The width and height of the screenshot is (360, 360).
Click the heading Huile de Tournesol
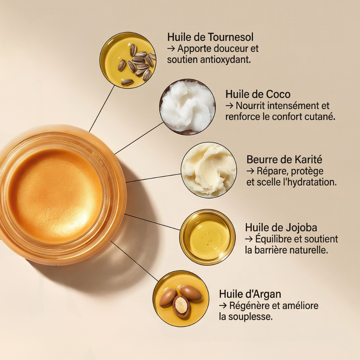210,37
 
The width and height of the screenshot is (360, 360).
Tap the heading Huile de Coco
258,94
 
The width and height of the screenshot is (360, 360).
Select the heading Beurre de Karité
284,159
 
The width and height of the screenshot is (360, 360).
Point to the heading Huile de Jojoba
281,228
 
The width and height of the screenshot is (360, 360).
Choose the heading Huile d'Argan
250,294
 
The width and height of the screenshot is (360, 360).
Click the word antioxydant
225,60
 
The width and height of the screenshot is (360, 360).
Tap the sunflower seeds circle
128,60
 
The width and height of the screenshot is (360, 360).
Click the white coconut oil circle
187,107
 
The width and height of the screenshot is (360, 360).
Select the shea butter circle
209,170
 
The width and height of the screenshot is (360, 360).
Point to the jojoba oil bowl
208,237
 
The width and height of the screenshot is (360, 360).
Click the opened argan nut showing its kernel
181,306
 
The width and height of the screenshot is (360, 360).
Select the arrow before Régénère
223,306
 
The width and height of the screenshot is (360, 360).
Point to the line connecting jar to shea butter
153,178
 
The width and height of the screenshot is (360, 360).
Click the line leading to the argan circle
135,261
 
